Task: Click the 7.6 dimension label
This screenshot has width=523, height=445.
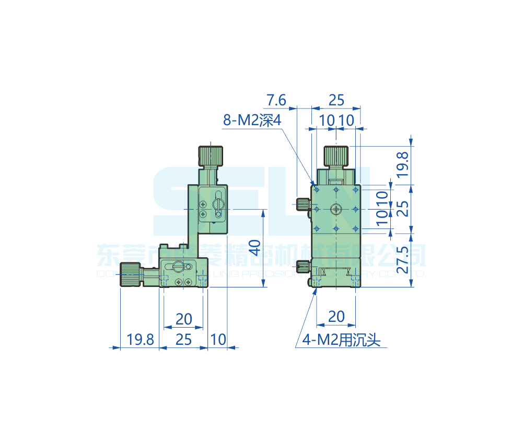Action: click(276, 99)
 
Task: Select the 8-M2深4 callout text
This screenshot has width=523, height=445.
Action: click(252, 121)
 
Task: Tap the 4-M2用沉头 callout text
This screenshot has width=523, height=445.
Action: click(342, 341)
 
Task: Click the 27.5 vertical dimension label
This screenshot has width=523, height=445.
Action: click(402, 259)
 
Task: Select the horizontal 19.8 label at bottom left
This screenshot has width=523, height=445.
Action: click(140, 340)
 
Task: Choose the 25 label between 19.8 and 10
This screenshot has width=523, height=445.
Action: click(183, 340)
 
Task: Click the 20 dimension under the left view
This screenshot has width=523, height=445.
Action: click(183, 318)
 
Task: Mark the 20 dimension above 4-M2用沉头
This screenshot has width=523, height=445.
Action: click(336, 316)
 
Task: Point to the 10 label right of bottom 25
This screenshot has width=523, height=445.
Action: click(218, 340)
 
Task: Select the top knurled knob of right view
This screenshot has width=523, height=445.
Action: click(336, 156)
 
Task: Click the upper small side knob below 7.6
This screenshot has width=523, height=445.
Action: click(302, 204)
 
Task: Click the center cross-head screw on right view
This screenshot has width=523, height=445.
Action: click(336, 209)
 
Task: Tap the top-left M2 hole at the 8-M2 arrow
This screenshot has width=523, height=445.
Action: click(317, 190)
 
